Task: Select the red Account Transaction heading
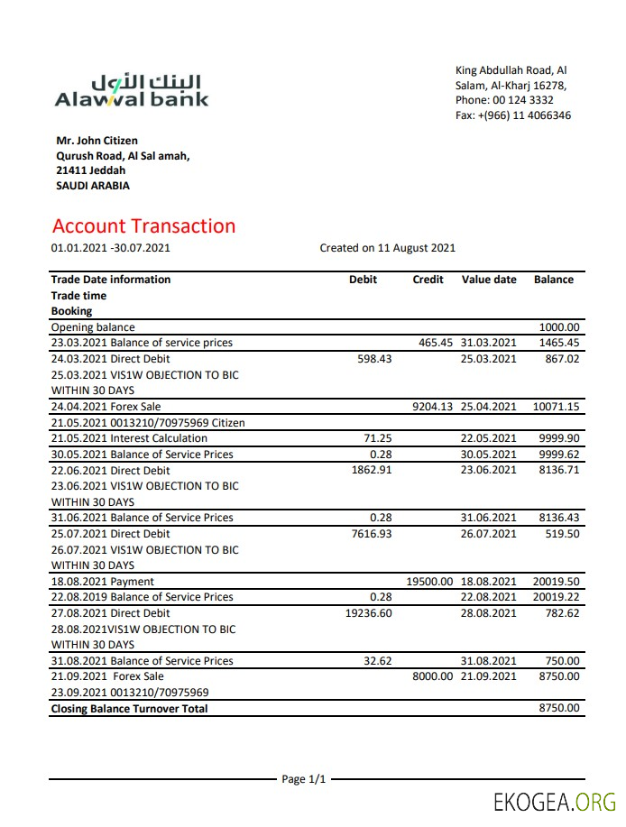pyautogui.click(x=143, y=226)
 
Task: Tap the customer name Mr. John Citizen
pyautogui.click(x=97, y=141)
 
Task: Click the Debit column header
pyautogui.click(x=363, y=280)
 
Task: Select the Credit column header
pyautogui.click(x=428, y=280)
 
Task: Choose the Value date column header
pyautogui.click(x=489, y=280)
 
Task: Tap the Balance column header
pyautogui.click(x=553, y=280)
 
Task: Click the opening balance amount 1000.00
pyautogui.click(x=559, y=327)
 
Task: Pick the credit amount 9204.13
pyautogui.click(x=433, y=407)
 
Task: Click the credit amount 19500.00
pyautogui.click(x=430, y=582)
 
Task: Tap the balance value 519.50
pyautogui.click(x=561, y=534)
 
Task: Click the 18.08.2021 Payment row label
pyautogui.click(x=102, y=582)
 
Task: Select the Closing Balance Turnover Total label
pyautogui.click(x=129, y=709)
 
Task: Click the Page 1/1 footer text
pyautogui.click(x=303, y=778)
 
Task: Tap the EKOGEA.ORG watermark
pyautogui.click(x=554, y=802)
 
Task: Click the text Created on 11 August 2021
pyautogui.click(x=387, y=248)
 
